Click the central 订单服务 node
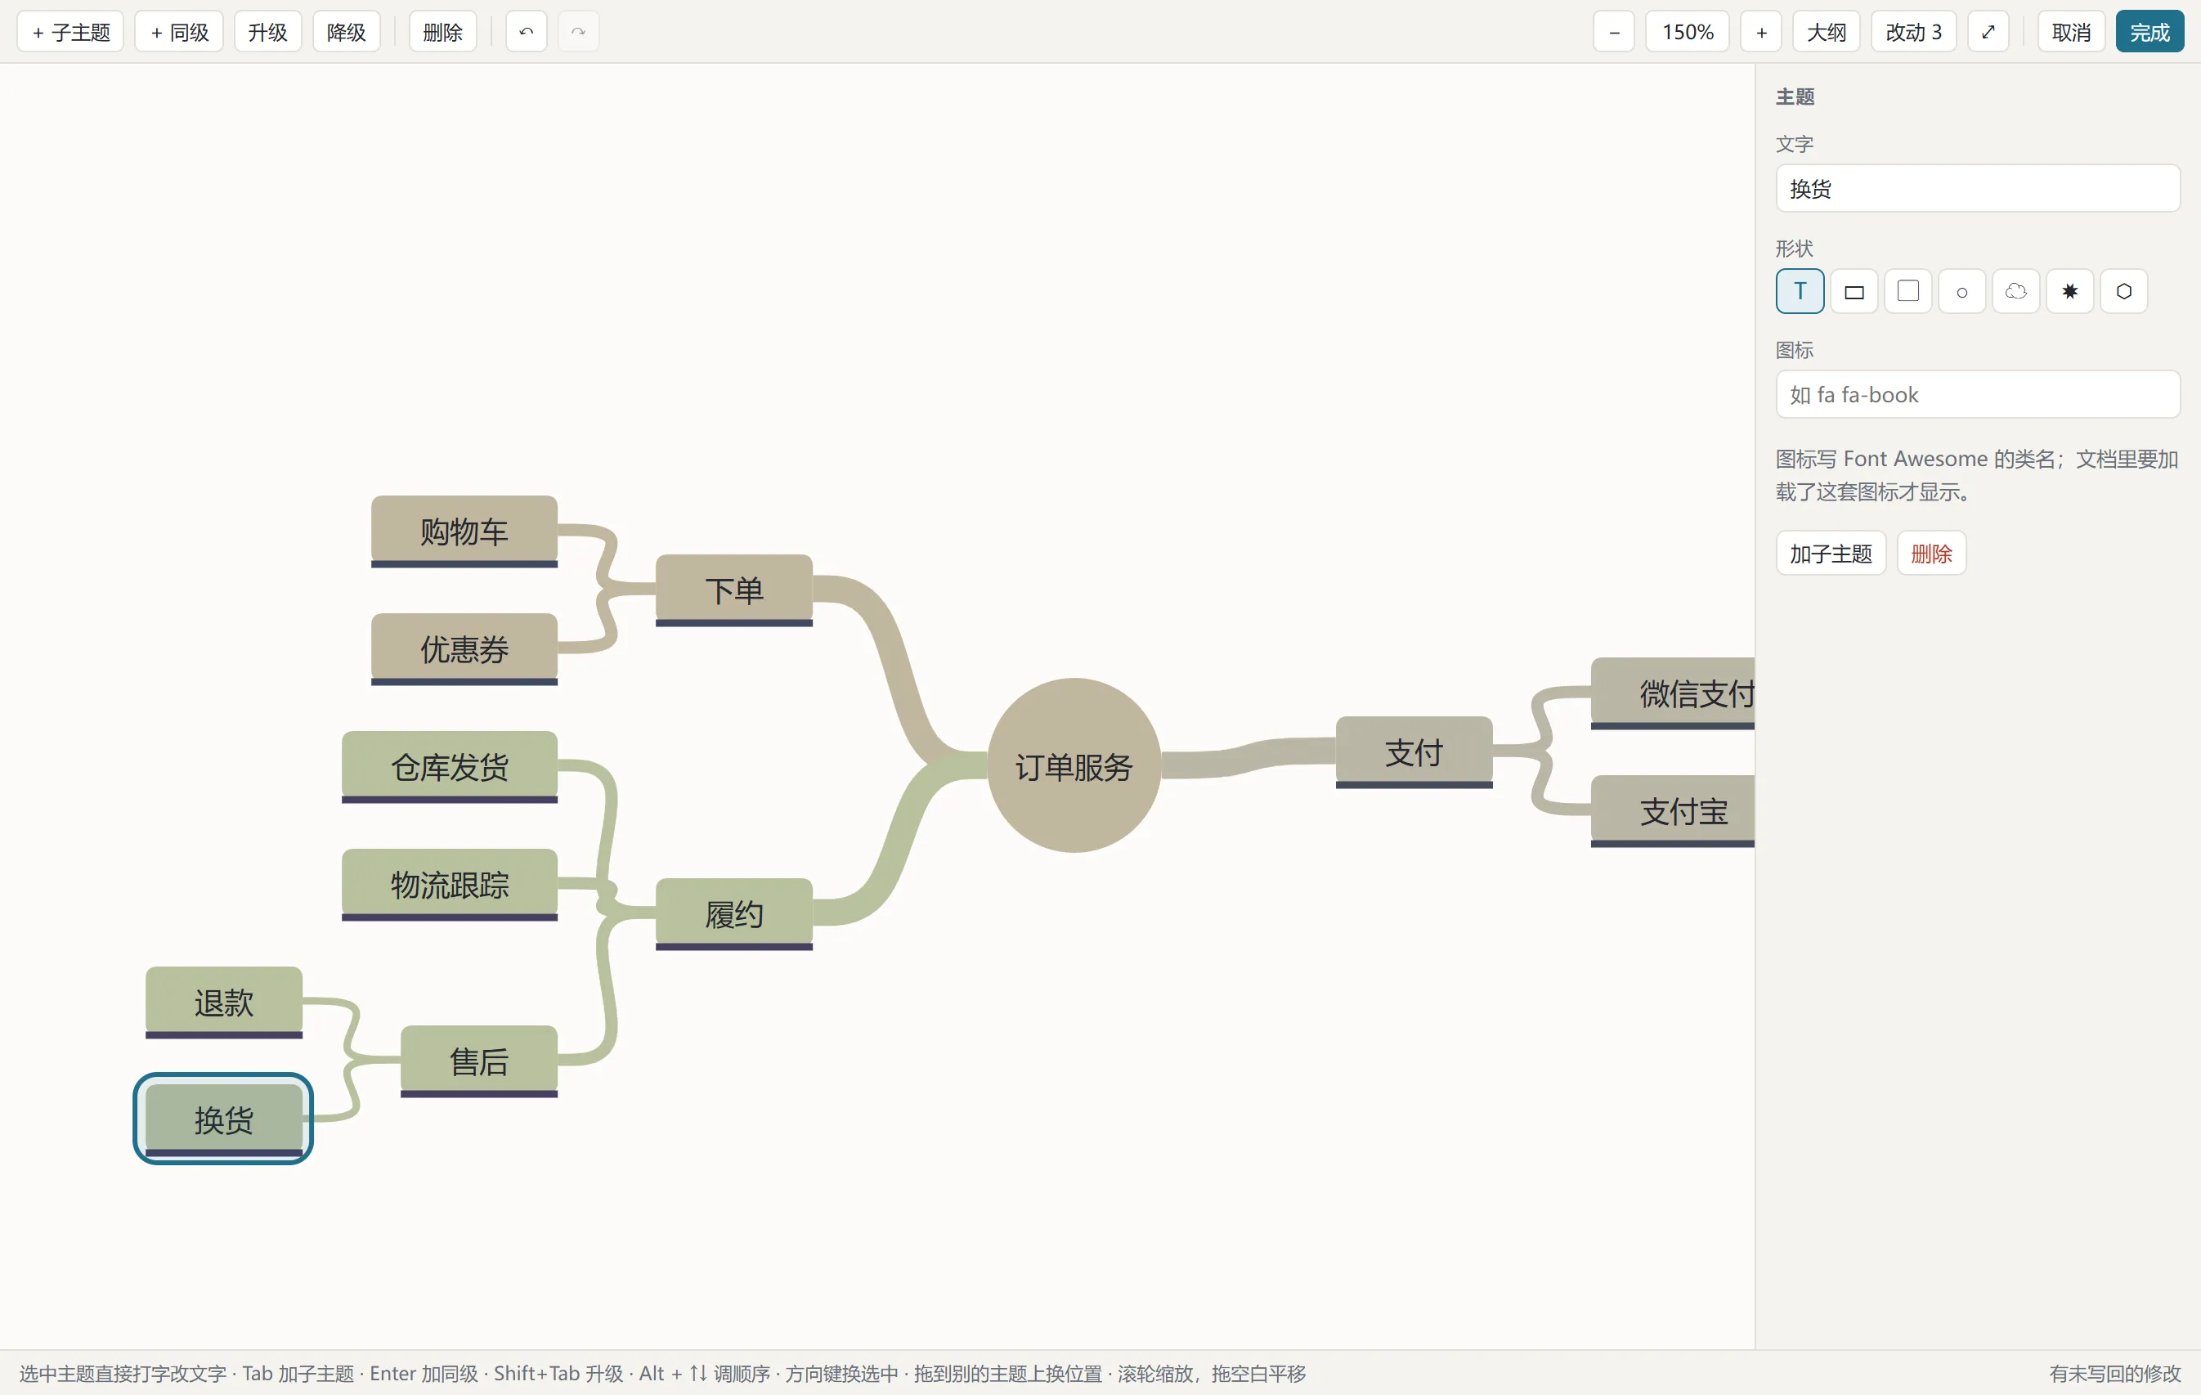[x=1074, y=765]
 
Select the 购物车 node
[x=464, y=532]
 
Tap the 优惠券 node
[x=464, y=649]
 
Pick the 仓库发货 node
[x=450, y=767]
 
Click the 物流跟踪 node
[x=450, y=885]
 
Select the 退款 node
[x=224, y=1003]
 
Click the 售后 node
[x=479, y=1061]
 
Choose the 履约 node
[x=734, y=914]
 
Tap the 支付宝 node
[x=1673, y=812]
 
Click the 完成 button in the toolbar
[x=2149, y=32]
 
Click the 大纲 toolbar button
[x=1827, y=32]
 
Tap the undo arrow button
[x=527, y=32]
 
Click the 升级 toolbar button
[x=268, y=32]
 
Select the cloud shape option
[x=2015, y=292]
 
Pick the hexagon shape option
[x=2124, y=292]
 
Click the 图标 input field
[x=1978, y=395]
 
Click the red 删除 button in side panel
[x=1931, y=553]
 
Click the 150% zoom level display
[x=1688, y=32]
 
